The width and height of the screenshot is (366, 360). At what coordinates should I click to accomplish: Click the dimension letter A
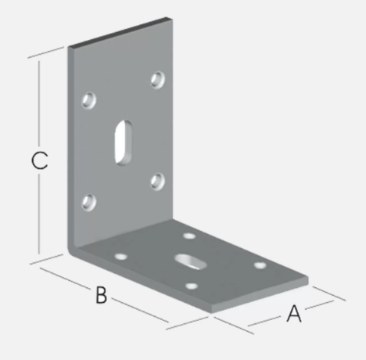pyautogui.click(x=294, y=313)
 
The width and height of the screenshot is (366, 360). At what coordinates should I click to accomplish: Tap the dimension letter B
pyautogui.click(x=101, y=295)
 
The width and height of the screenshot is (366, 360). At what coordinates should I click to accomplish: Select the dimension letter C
pyautogui.click(x=39, y=160)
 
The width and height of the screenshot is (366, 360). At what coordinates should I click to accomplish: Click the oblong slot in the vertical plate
pyautogui.click(x=123, y=142)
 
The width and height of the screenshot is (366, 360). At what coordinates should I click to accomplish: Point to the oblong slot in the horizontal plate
pyautogui.click(x=191, y=262)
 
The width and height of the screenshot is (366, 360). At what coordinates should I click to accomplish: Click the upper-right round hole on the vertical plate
pyautogui.click(x=158, y=79)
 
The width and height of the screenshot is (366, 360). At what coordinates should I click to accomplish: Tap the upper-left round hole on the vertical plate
pyautogui.click(x=89, y=100)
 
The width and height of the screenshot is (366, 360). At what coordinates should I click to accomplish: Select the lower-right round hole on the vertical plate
pyautogui.click(x=158, y=181)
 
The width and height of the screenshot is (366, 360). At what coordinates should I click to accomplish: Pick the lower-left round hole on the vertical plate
pyautogui.click(x=89, y=203)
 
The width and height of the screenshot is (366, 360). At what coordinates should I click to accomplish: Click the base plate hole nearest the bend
pyautogui.click(x=121, y=257)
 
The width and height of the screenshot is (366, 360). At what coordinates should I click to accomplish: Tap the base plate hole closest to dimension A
pyautogui.click(x=260, y=265)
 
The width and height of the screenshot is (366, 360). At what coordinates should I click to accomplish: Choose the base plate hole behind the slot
pyautogui.click(x=189, y=236)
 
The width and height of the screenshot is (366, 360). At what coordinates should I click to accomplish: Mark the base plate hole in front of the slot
pyautogui.click(x=192, y=286)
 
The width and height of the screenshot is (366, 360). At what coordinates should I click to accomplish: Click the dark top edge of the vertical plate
pyautogui.click(x=120, y=33)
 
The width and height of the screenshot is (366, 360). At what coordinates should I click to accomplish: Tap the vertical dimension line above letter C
pyautogui.click(x=39, y=103)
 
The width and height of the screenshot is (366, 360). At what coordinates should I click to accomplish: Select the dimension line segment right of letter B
pyautogui.click(x=141, y=310)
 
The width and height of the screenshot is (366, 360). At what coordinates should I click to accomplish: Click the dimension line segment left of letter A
pyautogui.click(x=264, y=322)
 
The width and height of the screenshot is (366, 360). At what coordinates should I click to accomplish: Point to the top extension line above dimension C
pyautogui.click(x=45, y=52)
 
